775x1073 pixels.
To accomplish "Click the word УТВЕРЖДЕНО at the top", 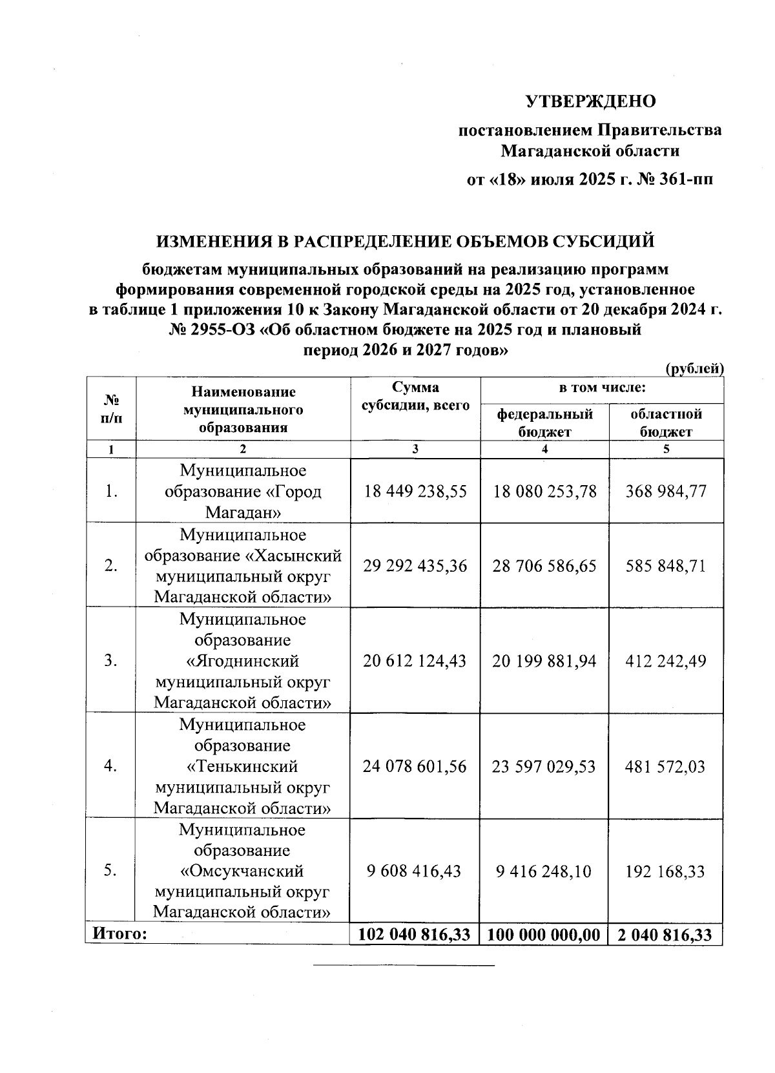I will pos(590,101).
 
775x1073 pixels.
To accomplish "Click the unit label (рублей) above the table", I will pos(694,369).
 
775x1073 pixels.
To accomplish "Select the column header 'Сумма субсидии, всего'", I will pos(415,397).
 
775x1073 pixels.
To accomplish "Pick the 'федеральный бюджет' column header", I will pos(544,422).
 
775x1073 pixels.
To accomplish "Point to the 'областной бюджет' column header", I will pos(666,422).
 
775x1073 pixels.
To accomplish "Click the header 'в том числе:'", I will pos(602,388).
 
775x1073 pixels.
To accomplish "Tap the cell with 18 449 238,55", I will pos(415,491).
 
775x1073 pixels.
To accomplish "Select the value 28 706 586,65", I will pos(544,566).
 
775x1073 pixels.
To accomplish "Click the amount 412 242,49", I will pos(666,661).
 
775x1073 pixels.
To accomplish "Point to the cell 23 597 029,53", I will pos(544,767).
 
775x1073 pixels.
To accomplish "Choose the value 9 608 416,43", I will pos(415,871).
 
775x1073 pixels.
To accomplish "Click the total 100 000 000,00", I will pos(544,935).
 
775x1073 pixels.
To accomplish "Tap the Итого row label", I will pos(120,933).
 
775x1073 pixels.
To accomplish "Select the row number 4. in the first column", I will pos(110,767).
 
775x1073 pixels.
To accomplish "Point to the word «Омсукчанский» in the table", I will pos(243,871).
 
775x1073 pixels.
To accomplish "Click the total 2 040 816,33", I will pos(666,935).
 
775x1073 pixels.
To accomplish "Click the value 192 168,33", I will pos(666,871).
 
